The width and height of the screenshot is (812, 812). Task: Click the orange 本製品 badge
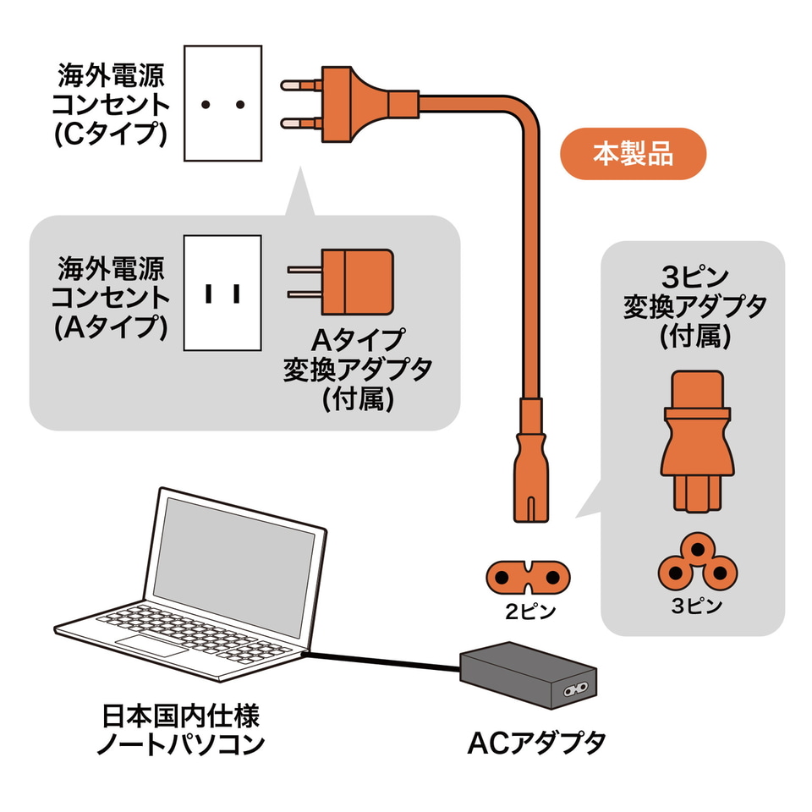coord(633,154)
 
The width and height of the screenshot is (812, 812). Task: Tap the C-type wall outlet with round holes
coord(222,104)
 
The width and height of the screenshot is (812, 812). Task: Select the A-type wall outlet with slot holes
coord(222,293)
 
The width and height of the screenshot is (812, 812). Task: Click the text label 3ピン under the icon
coord(696,606)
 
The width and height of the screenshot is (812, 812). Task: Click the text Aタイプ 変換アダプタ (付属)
coord(358,370)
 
